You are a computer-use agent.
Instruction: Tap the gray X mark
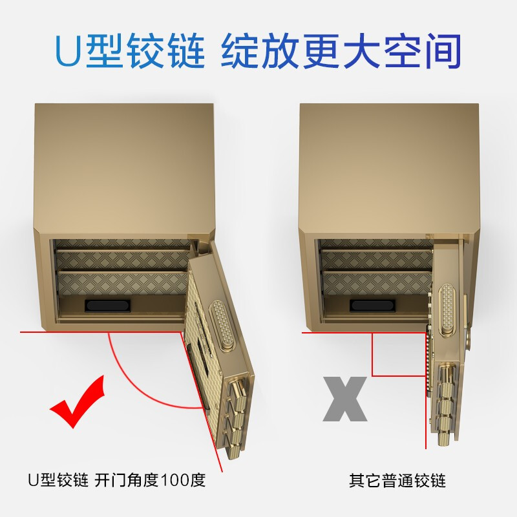pos(345,399)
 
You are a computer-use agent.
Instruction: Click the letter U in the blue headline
pos(68,50)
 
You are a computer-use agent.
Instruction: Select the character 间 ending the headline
pos(443,51)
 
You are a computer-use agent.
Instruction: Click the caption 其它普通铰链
pos(397,480)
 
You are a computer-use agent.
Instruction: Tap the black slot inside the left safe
pos(108,305)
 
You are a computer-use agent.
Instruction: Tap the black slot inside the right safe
pos(373,305)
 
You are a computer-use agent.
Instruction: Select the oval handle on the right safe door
pos(449,306)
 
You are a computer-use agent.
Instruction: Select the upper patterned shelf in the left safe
pos(123,260)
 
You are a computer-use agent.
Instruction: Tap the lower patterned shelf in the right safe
pos(377,283)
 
